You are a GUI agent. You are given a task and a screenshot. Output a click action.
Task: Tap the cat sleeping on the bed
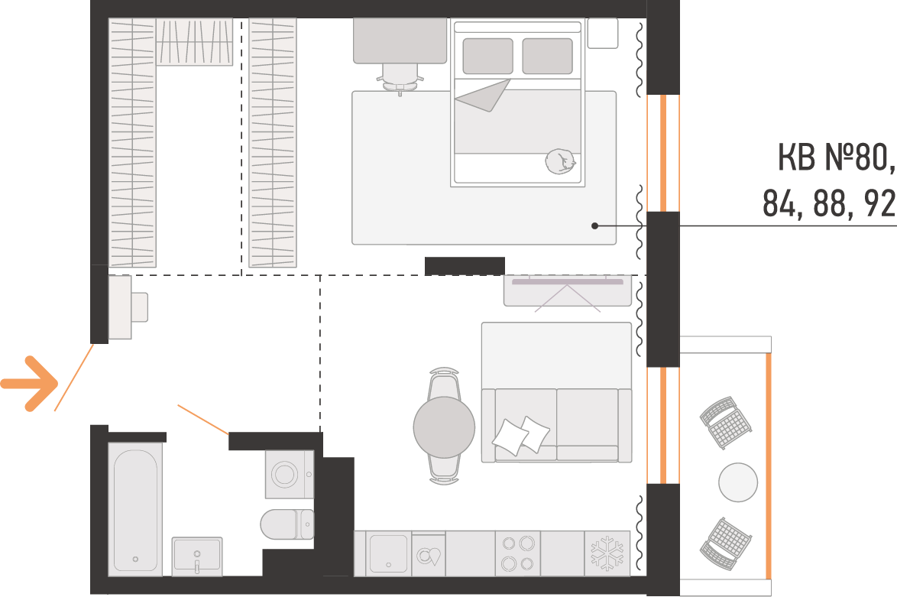tap(560, 161)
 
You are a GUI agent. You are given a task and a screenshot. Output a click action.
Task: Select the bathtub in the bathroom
tap(135, 510)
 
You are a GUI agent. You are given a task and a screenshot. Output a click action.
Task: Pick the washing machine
tap(290, 474)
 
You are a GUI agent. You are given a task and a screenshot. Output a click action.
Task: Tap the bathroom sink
tap(197, 555)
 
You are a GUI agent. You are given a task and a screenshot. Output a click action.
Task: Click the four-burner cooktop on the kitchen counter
tap(518, 553)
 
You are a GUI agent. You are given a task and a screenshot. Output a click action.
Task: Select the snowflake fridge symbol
tap(607, 553)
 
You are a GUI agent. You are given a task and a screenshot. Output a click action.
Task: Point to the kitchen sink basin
tap(388, 553)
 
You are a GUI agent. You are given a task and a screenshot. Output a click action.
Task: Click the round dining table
tap(444, 427)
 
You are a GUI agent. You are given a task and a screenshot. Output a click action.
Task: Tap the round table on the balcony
tap(738, 482)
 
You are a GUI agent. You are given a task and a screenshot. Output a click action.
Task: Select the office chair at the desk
tap(400, 79)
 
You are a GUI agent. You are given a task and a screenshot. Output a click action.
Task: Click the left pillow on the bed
tap(488, 56)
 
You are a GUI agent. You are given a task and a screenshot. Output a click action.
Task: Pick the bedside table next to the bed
tap(603, 33)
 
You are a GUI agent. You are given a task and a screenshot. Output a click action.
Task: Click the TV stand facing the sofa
tap(568, 290)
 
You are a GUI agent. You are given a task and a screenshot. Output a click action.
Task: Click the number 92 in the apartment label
tap(880, 203)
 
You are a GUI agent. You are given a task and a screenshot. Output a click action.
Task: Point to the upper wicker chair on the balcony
tap(726, 423)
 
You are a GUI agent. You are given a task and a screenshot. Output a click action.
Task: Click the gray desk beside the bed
tap(400, 41)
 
